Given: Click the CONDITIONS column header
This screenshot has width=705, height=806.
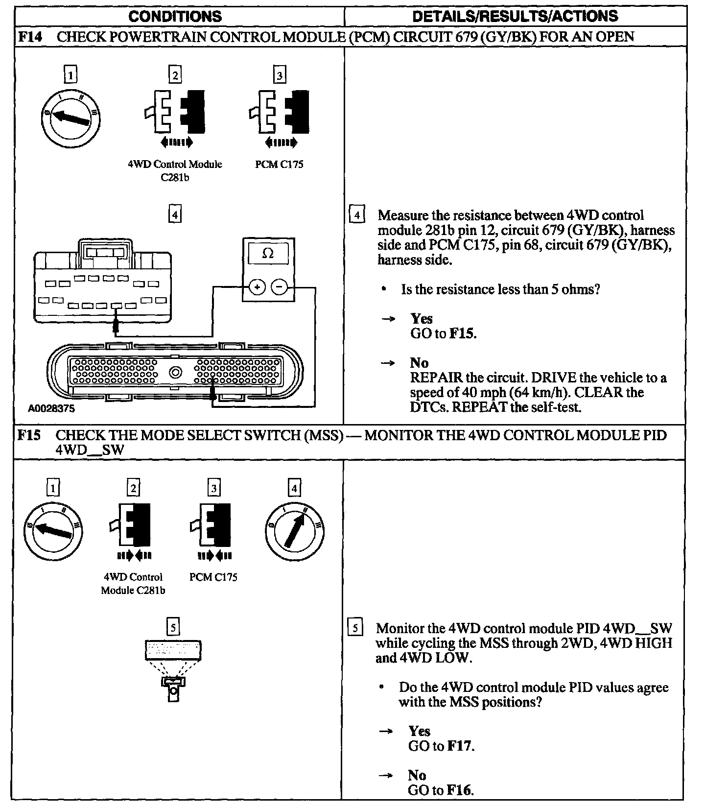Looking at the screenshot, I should point(175,16).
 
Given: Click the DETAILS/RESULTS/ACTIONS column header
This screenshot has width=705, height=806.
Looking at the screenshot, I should point(515,16).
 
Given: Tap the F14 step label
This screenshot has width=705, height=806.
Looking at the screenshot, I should point(28,37).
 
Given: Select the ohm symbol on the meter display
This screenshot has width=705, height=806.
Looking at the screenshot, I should point(268,253).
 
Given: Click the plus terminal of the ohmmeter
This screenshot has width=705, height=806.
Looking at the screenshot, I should point(257,287).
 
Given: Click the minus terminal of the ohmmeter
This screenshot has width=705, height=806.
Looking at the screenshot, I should point(279,287).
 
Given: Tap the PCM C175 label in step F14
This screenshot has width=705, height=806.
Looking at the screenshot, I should point(279,165).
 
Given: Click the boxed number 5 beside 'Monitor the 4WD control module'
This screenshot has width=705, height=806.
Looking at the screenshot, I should point(355,628).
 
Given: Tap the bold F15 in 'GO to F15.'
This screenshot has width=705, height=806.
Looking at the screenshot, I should point(462,334).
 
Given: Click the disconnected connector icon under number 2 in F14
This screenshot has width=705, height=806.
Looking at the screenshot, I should point(175,112).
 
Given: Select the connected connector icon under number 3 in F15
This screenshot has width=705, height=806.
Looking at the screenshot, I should point(213,525).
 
